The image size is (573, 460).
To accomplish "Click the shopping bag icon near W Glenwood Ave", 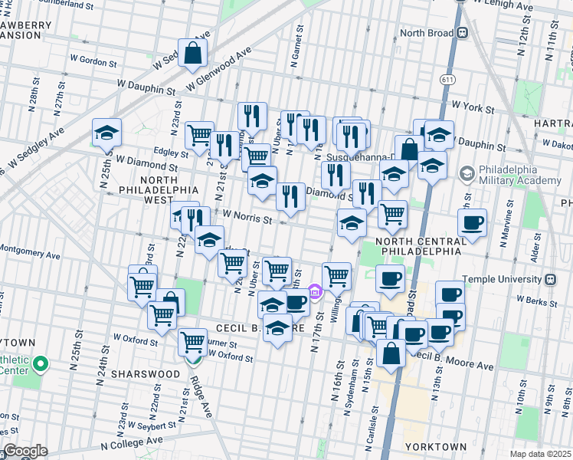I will [193, 53].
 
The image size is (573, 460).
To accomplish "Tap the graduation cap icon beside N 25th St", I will [106, 133].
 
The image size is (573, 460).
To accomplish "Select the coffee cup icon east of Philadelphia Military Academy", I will [472, 223].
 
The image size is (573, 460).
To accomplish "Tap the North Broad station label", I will [427, 34].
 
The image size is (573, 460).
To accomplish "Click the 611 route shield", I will [447, 79].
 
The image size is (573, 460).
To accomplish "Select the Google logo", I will [25, 451].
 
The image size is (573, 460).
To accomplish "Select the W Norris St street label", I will [247, 219].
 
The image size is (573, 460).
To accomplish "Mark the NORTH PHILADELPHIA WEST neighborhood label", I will [148, 190].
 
